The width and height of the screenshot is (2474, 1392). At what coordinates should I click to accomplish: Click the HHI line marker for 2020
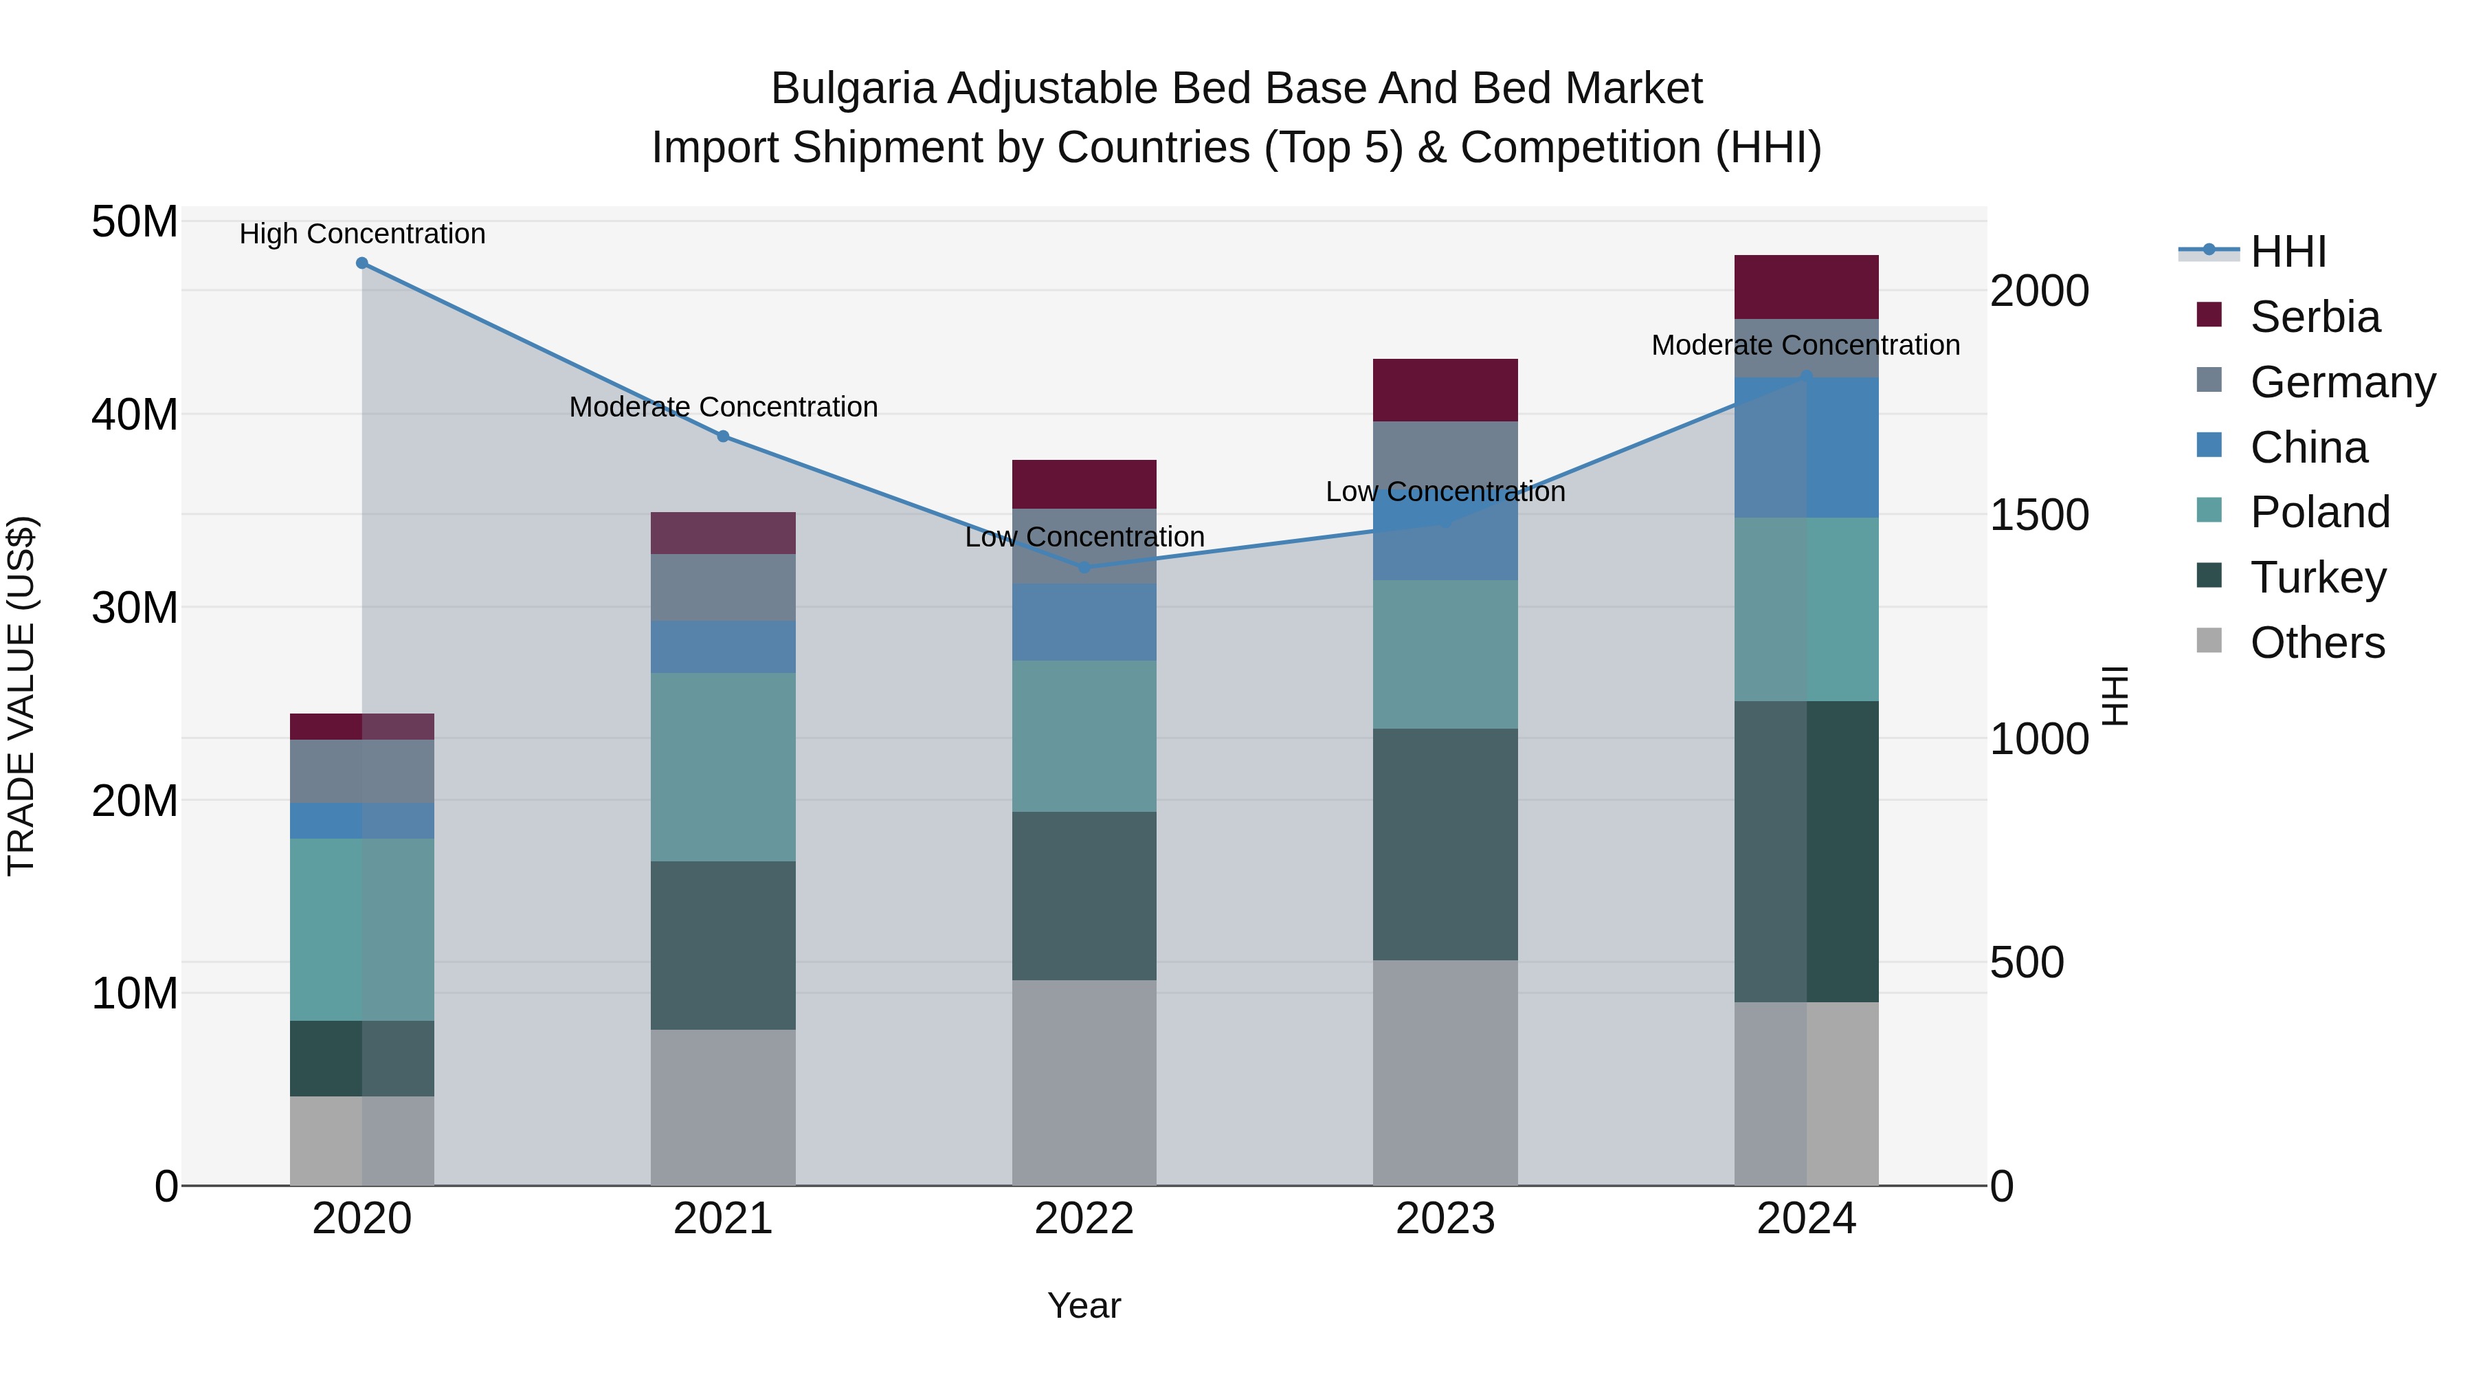[362, 263]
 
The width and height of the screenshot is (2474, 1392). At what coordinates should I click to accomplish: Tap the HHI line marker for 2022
[1084, 568]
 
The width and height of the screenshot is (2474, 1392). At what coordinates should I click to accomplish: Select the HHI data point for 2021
[723, 436]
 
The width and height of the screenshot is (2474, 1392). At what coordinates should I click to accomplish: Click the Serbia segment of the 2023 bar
[1445, 390]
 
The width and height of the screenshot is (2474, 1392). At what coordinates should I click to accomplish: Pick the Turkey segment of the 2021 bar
[723, 945]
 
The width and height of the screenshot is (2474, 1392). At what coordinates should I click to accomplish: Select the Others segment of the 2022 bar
[1084, 1083]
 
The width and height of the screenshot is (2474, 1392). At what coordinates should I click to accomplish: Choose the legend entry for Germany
[2341, 382]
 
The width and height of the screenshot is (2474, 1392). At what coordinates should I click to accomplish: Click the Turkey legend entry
[2317, 577]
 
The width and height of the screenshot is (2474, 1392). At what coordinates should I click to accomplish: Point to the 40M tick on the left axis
[135, 415]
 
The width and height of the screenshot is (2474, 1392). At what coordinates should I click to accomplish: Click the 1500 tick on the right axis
[2038, 515]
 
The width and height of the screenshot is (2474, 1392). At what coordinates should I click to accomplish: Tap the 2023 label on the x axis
[1445, 1219]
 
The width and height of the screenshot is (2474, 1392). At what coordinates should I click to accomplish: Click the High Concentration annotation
[362, 234]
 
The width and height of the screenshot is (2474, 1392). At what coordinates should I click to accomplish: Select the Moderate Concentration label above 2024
[1805, 345]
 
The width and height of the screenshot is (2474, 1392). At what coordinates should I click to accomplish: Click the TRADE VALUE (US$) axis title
[21, 696]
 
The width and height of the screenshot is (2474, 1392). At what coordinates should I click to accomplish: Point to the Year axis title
[1084, 1305]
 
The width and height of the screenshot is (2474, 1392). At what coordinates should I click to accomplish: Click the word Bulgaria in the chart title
[853, 89]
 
